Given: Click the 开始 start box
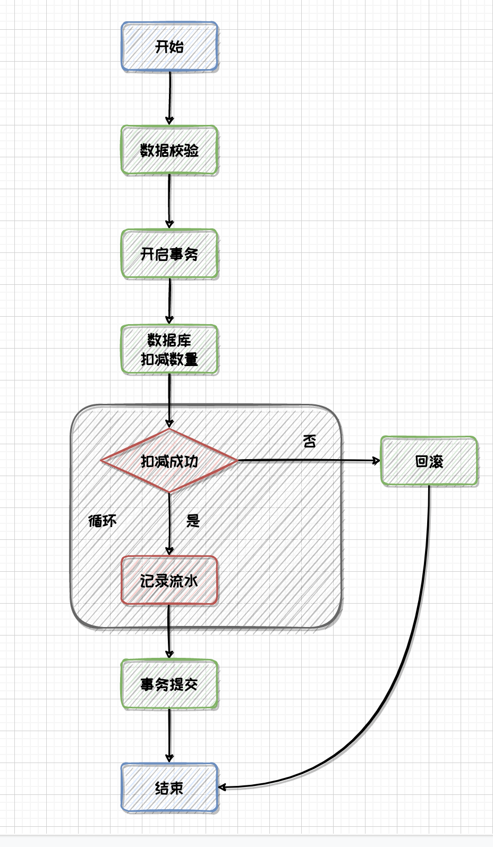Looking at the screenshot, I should tap(169, 47).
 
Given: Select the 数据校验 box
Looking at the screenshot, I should tap(169, 150).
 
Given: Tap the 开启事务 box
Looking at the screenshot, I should tap(169, 254).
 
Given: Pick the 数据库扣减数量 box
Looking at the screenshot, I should tap(169, 350).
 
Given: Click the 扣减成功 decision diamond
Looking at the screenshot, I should tap(169, 461).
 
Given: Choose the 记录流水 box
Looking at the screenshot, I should tap(169, 580).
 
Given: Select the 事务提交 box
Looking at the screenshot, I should tap(169, 684).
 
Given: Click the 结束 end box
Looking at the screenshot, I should tap(169, 787).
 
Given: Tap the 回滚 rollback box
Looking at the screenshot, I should tap(429, 461).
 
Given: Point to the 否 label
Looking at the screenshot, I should tap(310, 441).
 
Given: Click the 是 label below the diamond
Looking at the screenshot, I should tap(193, 521).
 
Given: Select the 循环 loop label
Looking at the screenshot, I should tap(102, 521).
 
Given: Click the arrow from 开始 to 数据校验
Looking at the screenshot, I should tap(170, 98).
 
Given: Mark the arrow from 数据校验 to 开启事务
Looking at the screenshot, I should tap(170, 202).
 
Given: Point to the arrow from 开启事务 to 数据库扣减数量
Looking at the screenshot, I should tap(170, 301).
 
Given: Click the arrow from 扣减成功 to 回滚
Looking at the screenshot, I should tap(308, 461).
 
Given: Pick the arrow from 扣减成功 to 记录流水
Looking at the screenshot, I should tap(169, 523).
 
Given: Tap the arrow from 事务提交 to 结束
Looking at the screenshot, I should tap(170, 736).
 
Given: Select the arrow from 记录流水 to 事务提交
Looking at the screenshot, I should tap(169, 632).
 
